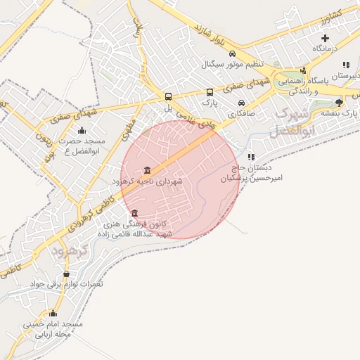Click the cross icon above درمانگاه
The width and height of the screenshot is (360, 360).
coord(324,37)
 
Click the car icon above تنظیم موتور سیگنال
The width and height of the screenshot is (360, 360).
coord(233,53)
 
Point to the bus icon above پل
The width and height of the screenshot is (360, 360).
coord(168,96)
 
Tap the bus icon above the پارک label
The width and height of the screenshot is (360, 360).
coord(210,92)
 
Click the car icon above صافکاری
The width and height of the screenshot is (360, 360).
coord(241,103)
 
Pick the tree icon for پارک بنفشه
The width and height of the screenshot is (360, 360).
coord(339,103)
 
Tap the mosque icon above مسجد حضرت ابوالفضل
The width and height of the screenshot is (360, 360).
coord(82,130)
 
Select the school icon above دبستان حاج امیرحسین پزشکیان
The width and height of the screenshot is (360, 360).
coord(251,157)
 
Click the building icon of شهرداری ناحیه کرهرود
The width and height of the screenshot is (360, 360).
coord(146,170)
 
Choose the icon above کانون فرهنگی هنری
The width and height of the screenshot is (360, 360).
coord(134,213)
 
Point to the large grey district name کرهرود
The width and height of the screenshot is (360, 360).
coord(69,250)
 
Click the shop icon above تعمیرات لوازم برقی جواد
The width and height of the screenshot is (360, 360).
coord(67,274)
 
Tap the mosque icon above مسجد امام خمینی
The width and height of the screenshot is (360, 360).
coord(53,314)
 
